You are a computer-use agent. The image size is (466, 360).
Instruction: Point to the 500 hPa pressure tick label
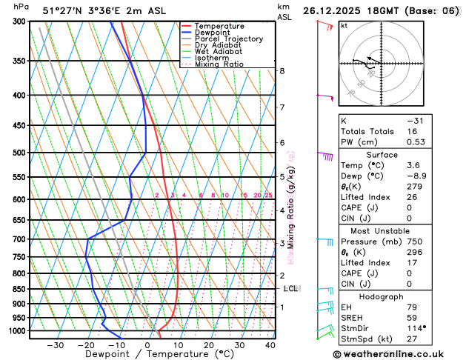point(16,153)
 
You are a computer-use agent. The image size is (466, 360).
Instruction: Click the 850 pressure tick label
point(16,289)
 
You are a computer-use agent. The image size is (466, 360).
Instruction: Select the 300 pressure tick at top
point(16,21)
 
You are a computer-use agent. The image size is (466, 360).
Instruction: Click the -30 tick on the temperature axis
point(55,344)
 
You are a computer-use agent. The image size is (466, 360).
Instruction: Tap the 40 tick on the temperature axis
point(270,344)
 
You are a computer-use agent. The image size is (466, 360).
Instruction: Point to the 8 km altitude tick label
point(282,71)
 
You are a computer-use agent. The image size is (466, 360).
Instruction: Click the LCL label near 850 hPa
point(290,289)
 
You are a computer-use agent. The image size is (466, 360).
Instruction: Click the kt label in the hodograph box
point(344,26)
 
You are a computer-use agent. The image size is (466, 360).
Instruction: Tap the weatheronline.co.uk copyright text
point(399,353)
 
